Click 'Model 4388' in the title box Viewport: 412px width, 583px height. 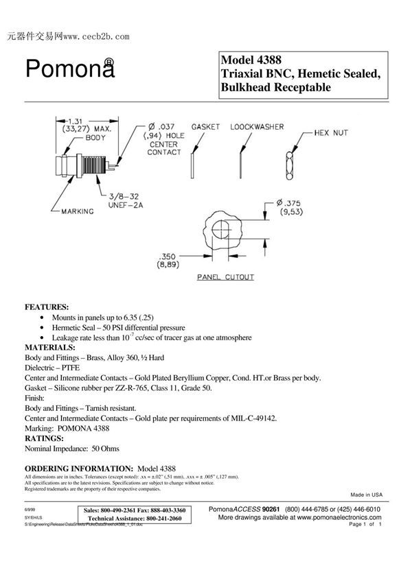(x=251, y=60)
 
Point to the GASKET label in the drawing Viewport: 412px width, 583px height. (x=205, y=127)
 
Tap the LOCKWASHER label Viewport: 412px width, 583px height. (x=257, y=127)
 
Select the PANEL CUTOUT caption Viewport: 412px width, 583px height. (x=226, y=278)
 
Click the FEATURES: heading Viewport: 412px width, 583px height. (x=47, y=307)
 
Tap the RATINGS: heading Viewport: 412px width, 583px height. (x=44, y=437)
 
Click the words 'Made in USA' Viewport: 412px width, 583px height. (x=366, y=494)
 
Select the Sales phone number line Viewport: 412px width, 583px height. (x=135, y=511)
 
